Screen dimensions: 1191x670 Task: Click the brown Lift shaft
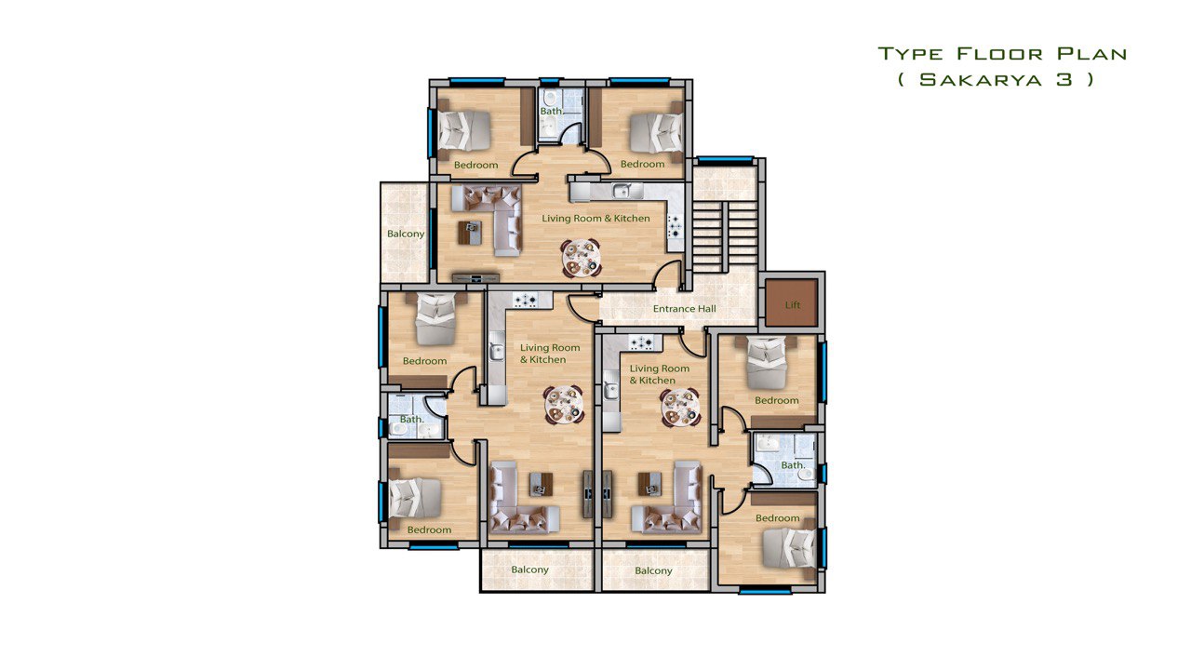(x=791, y=303)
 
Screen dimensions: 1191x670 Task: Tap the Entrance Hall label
(x=684, y=309)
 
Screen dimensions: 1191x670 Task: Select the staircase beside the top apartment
(x=724, y=237)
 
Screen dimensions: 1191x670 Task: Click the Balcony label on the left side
(x=406, y=234)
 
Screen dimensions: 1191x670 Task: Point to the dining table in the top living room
(x=582, y=258)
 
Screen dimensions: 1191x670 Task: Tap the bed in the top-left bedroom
(x=464, y=130)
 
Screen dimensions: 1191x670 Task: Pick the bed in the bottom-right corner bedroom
(x=789, y=548)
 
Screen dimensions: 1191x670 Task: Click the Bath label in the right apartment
(x=793, y=465)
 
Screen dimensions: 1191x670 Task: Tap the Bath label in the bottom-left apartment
(x=411, y=419)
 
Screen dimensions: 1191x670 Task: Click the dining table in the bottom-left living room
(x=564, y=405)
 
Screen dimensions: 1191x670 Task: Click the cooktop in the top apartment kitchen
(x=676, y=225)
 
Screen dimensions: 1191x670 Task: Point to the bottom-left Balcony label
(x=529, y=570)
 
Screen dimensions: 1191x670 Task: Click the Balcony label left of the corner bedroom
(x=653, y=571)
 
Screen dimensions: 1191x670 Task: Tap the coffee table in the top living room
(x=470, y=233)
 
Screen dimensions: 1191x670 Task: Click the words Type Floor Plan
(x=1002, y=54)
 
